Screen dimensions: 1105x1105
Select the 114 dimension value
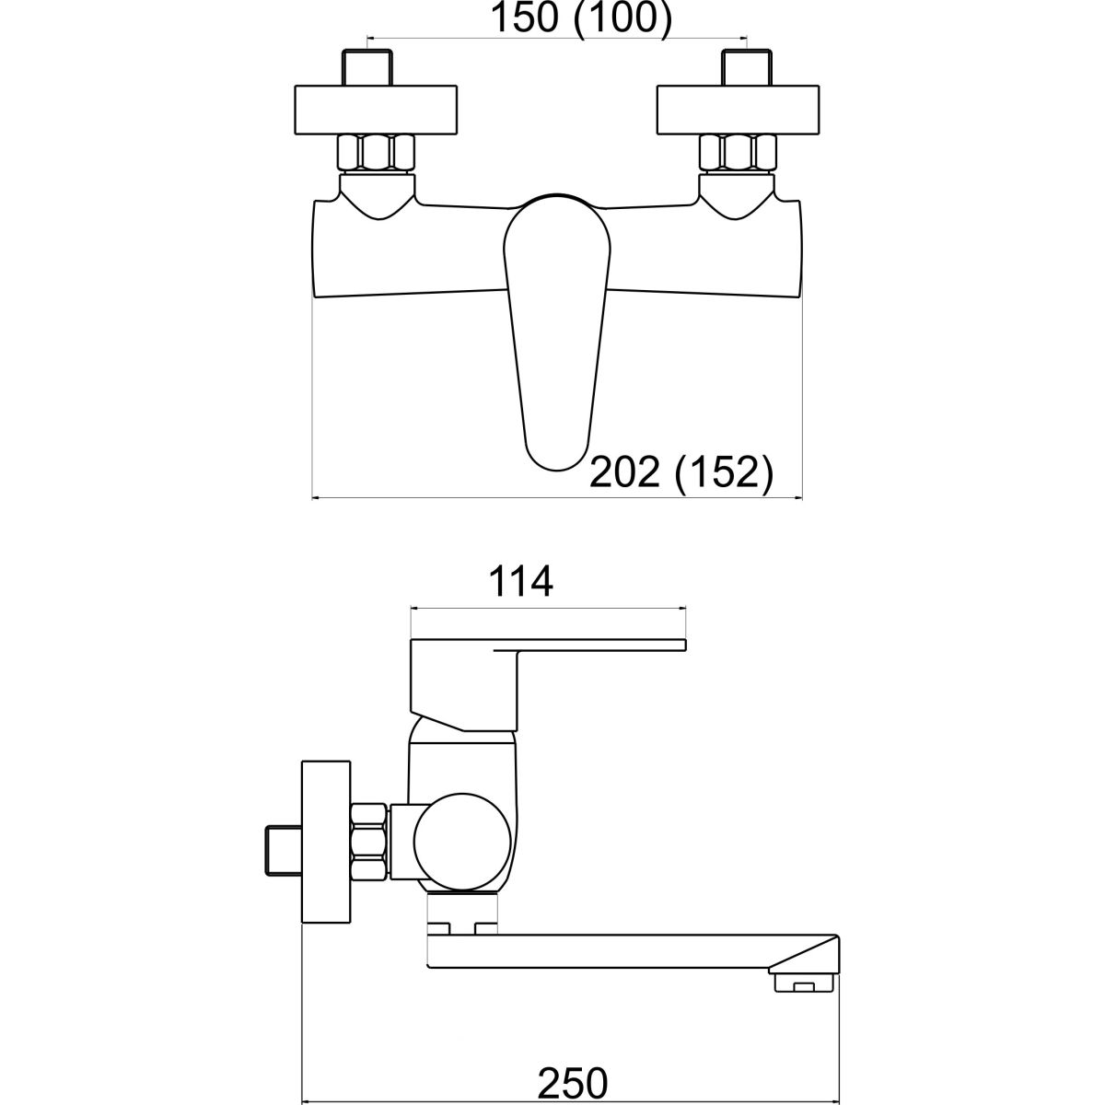pos(520,581)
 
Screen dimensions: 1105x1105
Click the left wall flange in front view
pos(377,110)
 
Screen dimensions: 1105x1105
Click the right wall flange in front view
pos(738,110)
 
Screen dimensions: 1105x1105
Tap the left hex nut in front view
pos(377,153)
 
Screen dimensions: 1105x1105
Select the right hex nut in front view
pos(738,153)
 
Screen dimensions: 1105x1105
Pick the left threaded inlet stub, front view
pos(367,68)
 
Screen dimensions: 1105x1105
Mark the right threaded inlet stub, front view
pos(747,68)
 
